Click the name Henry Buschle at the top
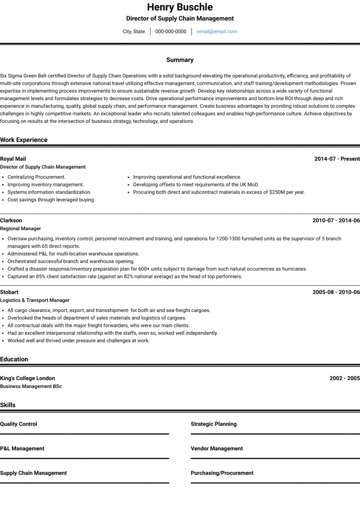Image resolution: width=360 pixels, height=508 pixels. point(180,7)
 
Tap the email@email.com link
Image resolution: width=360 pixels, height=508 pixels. point(217,32)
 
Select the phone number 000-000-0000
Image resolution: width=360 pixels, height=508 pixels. point(171,32)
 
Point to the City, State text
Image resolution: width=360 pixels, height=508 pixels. point(134,32)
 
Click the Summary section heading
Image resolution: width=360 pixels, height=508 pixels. point(180,60)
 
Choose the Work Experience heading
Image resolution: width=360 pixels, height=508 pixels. point(24,140)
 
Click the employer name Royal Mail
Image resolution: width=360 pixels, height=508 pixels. point(13,159)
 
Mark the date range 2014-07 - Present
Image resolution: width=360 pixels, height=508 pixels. point(337,159)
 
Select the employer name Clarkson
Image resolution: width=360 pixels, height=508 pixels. point(11,221)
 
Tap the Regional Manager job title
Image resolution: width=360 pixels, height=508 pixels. point(20,229)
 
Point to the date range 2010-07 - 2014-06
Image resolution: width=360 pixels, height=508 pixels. point(336,221)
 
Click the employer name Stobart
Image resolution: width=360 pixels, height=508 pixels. point(9,292)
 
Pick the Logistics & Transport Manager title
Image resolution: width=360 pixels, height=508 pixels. point(35,300)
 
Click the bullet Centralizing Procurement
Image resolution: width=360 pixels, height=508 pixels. point(36,177)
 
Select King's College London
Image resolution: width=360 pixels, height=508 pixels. point(27,379)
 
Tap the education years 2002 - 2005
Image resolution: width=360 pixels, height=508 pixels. point(344,379)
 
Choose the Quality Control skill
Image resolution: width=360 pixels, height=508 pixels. point(18,424)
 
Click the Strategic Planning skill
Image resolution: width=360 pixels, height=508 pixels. point(213,424)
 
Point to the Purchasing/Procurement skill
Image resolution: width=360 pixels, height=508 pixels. point(222,473)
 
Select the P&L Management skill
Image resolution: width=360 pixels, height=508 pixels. point(22,448)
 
